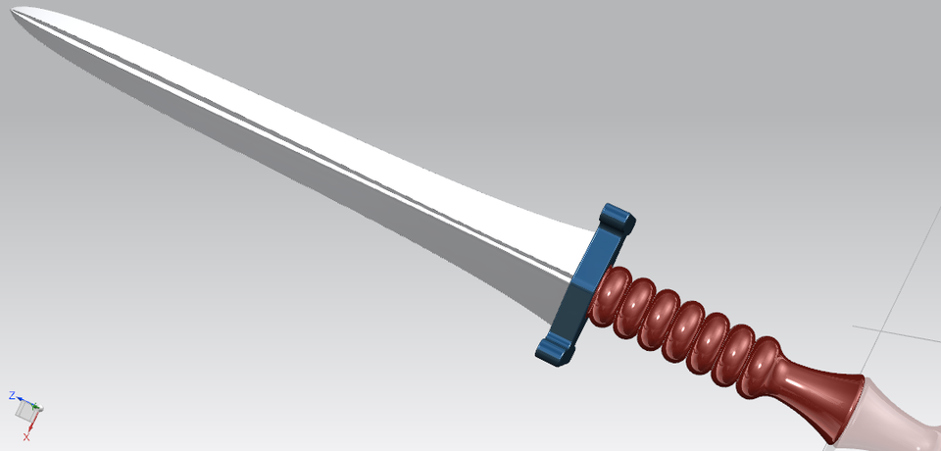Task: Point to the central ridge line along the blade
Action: point(294,137)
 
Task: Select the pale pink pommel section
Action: point(897,417)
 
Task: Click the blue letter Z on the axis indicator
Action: point(12,395)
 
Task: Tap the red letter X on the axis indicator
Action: point(26,436)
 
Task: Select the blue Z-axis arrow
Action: point(24,401)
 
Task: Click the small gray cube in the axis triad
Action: point(25,413)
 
